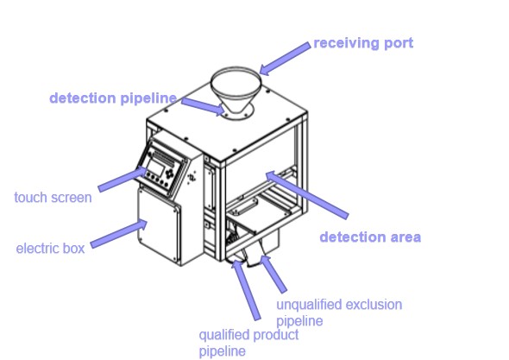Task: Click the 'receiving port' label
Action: tap(362, 43)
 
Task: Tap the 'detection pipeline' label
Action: tap(113, 98)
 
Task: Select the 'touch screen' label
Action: tap(53, 198)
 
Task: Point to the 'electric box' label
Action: tap(51, 249)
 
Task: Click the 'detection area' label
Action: tap(370, 237)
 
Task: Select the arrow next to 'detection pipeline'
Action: tap(202, 104)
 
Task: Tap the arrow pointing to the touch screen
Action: tap(121, 180)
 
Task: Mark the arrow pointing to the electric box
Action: tap(116, 235)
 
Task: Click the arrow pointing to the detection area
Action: tap(306, 195)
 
